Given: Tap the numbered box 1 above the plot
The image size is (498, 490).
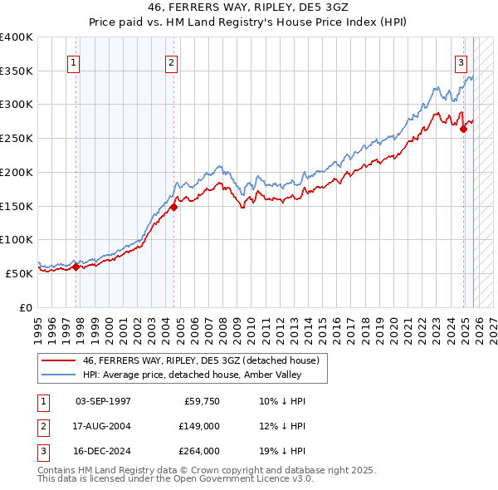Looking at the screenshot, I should click(x=75, y=61).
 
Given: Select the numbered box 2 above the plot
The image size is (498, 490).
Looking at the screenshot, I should click(x=171, y=61).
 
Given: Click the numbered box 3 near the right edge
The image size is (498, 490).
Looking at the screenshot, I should click(x=461, y=61).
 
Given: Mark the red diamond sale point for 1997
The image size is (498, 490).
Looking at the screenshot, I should click(x=76, y=267).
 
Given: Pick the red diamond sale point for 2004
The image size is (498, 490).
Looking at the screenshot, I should click(x=173, y=208).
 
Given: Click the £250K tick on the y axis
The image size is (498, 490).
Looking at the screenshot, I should click(x=17, y=139).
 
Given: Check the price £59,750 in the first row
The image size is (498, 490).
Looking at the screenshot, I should click(x=202, y=401).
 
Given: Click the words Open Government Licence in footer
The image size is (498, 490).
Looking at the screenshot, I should click(x=232, y=478).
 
